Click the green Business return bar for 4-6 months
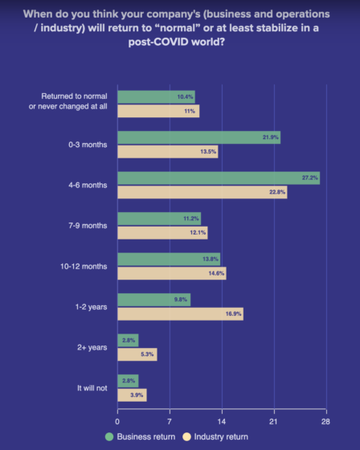(x=218, y=178)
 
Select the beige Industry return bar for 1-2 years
(x=180, y=313)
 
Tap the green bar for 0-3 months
(x=198, y=137)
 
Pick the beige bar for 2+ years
(x=137, y=354)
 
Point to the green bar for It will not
(x=128, y=380)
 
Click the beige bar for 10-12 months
(x=171, y=273)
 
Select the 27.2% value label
(x=309, y=178)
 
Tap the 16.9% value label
(x=231, y=313)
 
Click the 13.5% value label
(x=207, y=151)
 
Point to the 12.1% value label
(x=196, y=232)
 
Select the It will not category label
(x=92, y=387)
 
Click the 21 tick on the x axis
(x=273, y=420)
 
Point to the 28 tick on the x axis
(x=325, y=420)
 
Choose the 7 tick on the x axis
(x=170, y=420)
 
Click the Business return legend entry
(x=141, y=436)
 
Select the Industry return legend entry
(x=214, y=436)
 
